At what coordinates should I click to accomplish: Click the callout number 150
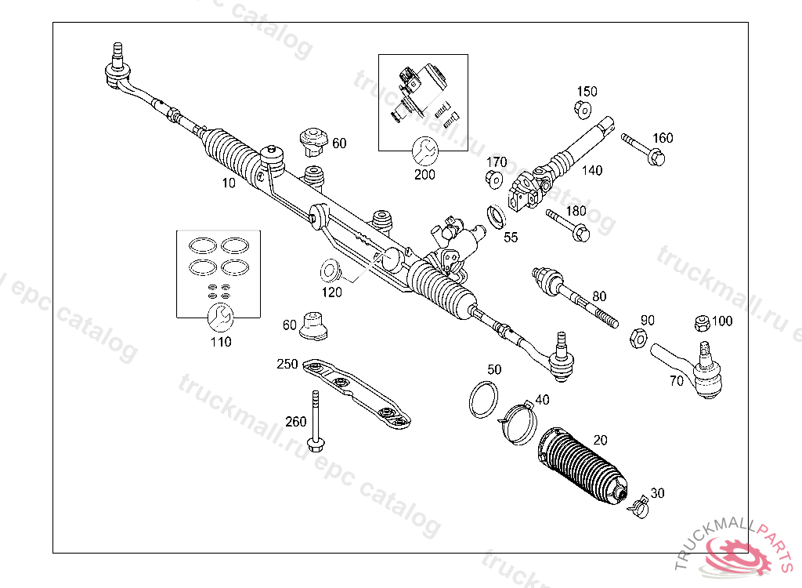tap(587, 91)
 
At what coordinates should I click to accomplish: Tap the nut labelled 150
tap(584, 109)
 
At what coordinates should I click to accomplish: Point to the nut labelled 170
tap(494, 179)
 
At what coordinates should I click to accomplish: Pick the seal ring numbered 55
tap(497, 216)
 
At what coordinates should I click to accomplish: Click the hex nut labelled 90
tap(638, 338)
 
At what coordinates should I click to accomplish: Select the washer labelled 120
tap(330, 271)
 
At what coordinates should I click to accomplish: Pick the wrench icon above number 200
tap(424, 151)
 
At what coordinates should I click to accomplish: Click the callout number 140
tap(592, 170)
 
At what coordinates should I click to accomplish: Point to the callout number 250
tap(288, 364)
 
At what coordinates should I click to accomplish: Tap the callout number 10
tap(229, 183)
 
